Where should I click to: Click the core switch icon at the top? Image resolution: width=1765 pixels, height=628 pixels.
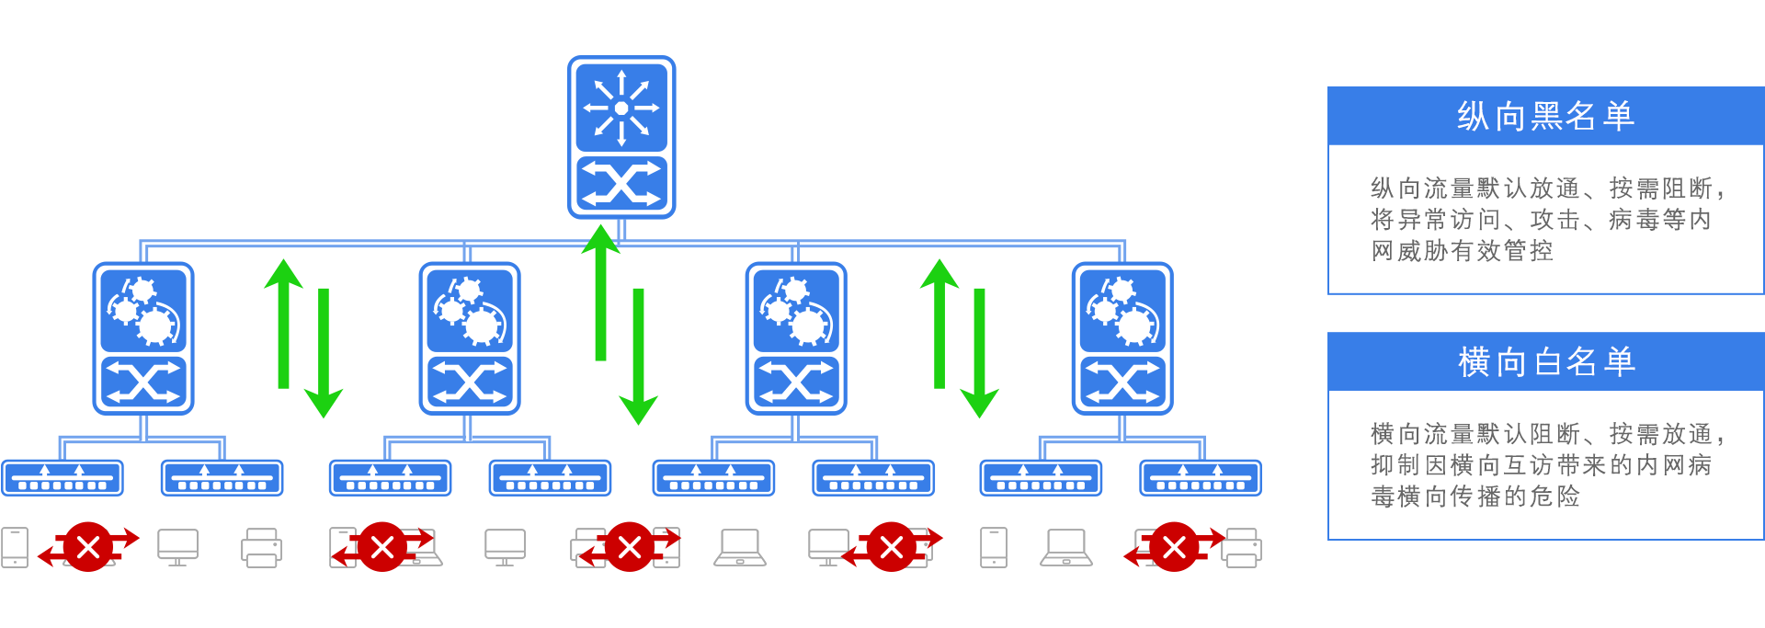(x=621, y=137)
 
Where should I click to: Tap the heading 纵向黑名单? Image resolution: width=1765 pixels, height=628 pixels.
(x=1545, y=116)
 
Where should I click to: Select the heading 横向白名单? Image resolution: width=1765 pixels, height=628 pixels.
(x=1545, y=361)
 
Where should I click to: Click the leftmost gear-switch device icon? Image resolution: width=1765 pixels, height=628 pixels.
(x=142, y=338)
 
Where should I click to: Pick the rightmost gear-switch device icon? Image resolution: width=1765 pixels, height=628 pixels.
(x=1123, y=338)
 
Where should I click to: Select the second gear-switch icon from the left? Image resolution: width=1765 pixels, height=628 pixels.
(x=470, y=338)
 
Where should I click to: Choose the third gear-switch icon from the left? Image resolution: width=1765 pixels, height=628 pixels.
(x=796, y=338)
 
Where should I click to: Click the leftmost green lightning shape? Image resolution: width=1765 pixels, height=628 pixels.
(x=303, y=338)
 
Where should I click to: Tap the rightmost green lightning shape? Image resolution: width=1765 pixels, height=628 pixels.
(x=960, y=338)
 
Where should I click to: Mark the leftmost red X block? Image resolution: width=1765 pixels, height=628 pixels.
(x=88, y=547)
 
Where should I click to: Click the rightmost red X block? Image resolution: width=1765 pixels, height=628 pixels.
(x=1174, y=547)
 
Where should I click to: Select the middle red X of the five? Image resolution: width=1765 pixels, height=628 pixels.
(x=630, y=547)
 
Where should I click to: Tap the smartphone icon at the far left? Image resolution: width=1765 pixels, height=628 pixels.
(x=15, y=547)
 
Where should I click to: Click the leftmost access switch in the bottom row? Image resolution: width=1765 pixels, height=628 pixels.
(x=63, y=478)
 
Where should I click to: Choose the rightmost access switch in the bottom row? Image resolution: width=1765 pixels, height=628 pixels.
(x=1201, y=478)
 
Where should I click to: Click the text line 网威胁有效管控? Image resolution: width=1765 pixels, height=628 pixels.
(x=1462, y=251)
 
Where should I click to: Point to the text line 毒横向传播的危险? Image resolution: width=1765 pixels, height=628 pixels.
(x=1475, y=497)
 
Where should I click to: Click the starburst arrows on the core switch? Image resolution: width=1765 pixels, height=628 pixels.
(x=621, y=108)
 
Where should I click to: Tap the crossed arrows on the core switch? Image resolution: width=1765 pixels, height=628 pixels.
(x=621, y=184)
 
